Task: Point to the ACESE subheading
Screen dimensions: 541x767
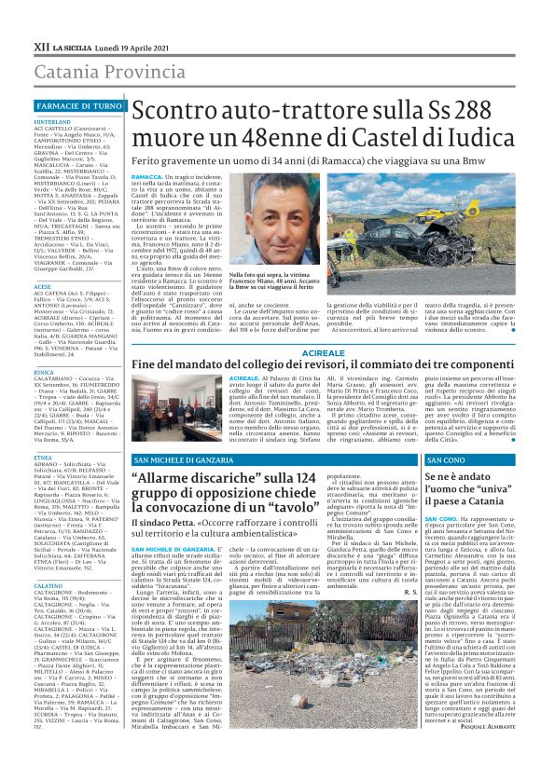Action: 43,286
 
